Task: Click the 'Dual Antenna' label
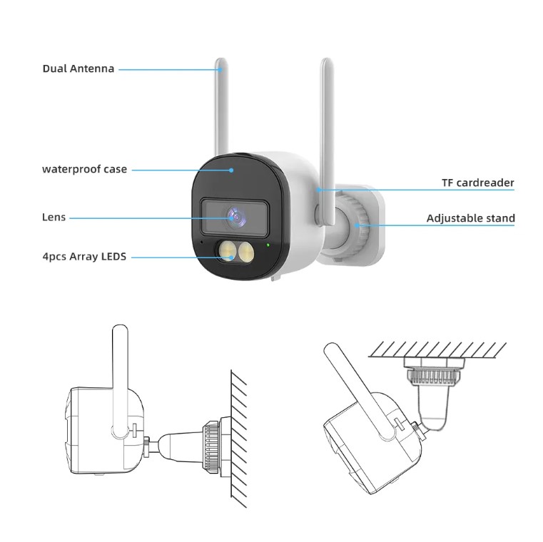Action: click(78, 68)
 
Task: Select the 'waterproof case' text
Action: click(84, 169)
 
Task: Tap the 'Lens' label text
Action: click(54, 218)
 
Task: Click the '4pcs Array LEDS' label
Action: click(84, 257)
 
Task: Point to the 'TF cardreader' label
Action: click(478, 183)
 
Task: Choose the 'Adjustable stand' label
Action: click(471, 218)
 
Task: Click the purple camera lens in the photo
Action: click(236, 217)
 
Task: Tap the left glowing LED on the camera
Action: click(227, 250)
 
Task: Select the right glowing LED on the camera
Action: click(246, 250)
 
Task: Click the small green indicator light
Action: click(268, 245)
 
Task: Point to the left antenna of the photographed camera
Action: click(221, 107)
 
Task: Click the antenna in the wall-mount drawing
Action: click(120, 381)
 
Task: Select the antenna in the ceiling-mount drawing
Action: click(360, 391)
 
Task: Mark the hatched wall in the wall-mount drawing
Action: click(239, 439)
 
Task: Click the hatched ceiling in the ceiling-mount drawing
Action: click(437, 349)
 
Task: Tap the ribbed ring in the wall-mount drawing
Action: click(210, 446)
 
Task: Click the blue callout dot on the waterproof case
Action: click(231, 170)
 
